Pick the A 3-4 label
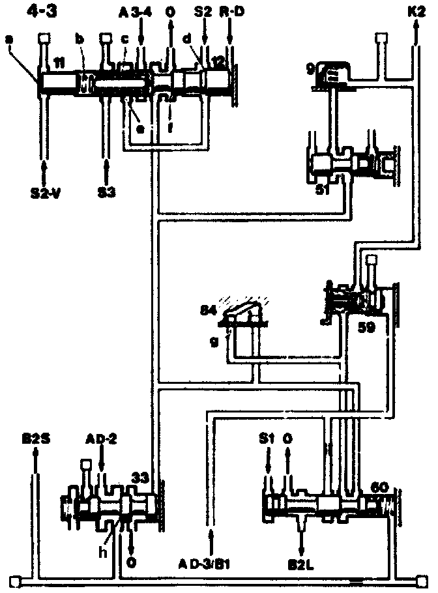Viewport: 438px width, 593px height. point(134,13)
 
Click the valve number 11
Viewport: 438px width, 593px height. point(59,63)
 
